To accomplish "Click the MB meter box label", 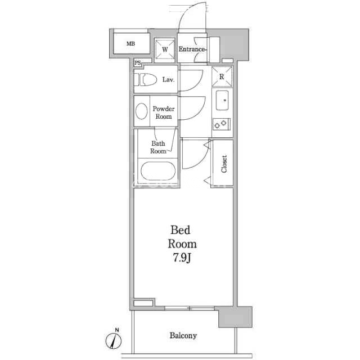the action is pos(131,43).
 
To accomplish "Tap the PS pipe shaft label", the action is pos(138,63).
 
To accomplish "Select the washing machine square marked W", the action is pos(165,49).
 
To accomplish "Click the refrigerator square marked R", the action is pos(222,76).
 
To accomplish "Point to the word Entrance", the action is pos(192,49).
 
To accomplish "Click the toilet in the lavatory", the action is pos(145,80).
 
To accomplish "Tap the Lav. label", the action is pos(169,80).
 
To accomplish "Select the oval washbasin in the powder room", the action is pos(141,111).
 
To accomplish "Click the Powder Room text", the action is pos(164,112).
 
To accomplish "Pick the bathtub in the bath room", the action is pos(158,171).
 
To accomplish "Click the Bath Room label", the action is pos(158,147).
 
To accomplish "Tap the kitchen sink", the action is pos(222,100).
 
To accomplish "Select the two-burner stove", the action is pos(221,124).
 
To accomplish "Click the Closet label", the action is pos(224,164).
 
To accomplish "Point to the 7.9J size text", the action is pos(182,258).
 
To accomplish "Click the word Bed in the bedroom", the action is pos(181,230).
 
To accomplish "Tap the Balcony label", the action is pos(183,336).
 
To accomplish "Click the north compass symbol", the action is pos(114,339).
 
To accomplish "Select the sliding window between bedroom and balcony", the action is pos(190,308).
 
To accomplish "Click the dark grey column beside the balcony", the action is pos(235,317).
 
